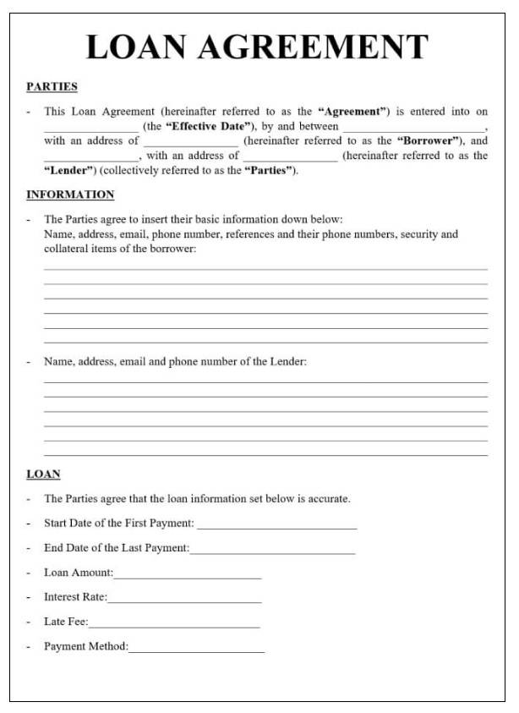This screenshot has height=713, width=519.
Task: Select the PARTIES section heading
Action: (52, 86)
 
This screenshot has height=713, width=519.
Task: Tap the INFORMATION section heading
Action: (70, 195)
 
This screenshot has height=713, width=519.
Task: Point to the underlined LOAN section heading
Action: (43, 474)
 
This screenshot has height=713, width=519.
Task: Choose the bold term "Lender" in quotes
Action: (69, 170)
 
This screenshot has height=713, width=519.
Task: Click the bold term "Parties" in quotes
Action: (270, 170)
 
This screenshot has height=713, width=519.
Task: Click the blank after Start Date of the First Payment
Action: (276, 526)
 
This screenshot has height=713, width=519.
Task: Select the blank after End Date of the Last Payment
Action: (272, 551)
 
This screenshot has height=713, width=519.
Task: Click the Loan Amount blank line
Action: (188, 575)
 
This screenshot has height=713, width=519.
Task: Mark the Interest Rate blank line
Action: (184, 600)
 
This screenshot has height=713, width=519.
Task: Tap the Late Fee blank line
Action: (174, 624)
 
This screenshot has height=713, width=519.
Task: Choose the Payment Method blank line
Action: (196, 649)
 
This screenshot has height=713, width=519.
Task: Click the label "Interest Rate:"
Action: (75, 597)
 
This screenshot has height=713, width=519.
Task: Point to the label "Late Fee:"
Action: (66, 622)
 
